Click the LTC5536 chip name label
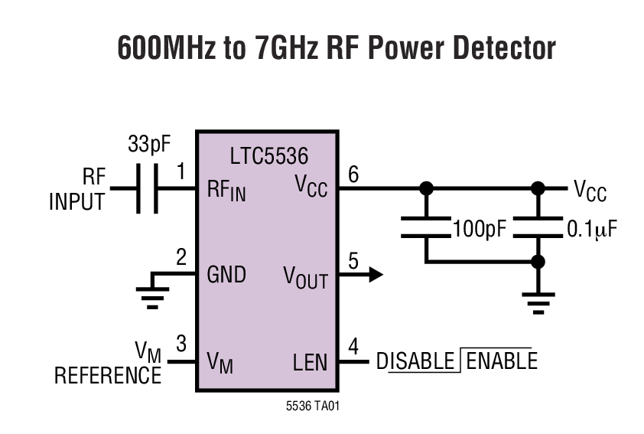(268, 157)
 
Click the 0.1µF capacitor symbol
(538, 227)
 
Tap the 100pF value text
(480, 229)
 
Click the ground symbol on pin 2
(151, 294)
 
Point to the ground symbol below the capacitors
(538, 303)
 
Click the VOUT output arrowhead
(375, 274)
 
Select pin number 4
(353, 346)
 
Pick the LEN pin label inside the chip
(310, 362)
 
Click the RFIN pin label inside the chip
(226, 191)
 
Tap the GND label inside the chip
(226, 275)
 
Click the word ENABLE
(501, 361)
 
